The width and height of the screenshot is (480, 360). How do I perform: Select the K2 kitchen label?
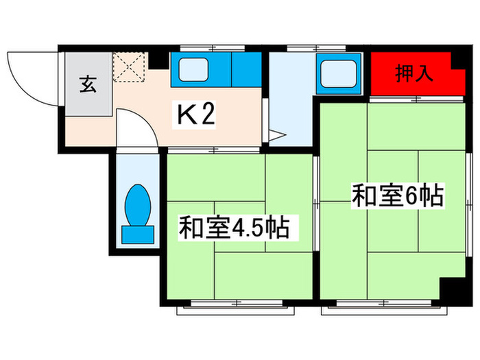pyautogui.click(x=197, y=115)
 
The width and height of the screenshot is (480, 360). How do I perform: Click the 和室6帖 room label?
pyautogui.click(x=397, y=195)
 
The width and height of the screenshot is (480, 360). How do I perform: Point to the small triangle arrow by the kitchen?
pyautogui.click(x=276, y=136)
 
